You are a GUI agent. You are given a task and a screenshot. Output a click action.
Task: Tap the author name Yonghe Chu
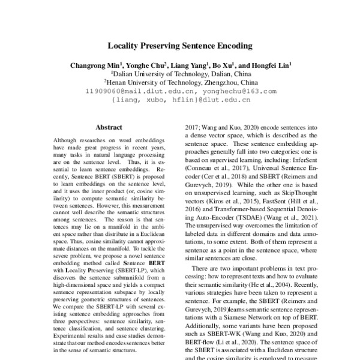146,65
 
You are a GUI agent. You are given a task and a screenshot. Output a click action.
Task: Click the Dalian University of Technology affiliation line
180,74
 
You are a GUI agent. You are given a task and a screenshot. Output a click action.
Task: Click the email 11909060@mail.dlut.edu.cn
133,92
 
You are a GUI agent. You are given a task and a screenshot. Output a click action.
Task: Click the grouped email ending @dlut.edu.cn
180,101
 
